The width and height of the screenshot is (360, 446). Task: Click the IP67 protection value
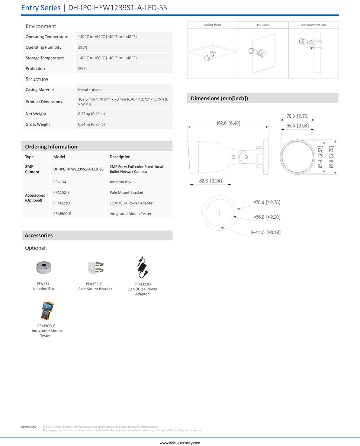click(x=82, y=68)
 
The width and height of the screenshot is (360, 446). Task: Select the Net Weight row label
click(x=36, y=114)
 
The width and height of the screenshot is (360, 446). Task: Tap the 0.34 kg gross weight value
click(x=91, y=125)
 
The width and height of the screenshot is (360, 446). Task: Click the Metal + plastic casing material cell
click(x=90, y=90)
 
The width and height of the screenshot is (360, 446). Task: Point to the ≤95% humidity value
click(x=83, y=47)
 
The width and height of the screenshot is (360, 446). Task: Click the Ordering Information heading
click(x=51, y=146)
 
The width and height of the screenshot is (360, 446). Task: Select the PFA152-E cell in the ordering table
click(x=61, y=193)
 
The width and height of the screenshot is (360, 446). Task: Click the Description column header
click(x=120, y=157)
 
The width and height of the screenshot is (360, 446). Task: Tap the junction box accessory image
click(x=44, y=267)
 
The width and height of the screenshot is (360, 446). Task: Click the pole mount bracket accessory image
click(x=95, y=268)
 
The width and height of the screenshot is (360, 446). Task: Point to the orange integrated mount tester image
click(x=47, y=311)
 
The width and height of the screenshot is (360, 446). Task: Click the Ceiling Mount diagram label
click(x=212, y=25)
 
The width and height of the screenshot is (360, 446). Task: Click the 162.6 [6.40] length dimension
click(x=228, y=123)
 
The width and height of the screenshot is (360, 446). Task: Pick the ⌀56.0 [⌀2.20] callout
click(x=267, y=217)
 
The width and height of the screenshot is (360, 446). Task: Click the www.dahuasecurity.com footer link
click(x=180, y=443)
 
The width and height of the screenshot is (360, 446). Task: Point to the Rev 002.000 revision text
click(x=29, y=427)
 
